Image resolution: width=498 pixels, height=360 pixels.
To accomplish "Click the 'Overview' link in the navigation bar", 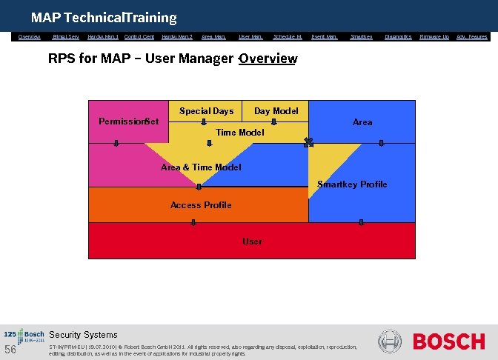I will tap(30, 36).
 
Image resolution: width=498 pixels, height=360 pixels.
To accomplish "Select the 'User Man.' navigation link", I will tap(250, 36).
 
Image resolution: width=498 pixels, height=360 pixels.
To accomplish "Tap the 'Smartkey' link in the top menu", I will tap(362, 36).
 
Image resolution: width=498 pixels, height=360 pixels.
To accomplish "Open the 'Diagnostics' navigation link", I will tap(398, 36).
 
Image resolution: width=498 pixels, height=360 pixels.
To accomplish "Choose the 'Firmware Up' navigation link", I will tap(434, 36).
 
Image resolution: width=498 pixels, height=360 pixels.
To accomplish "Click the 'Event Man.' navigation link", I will tap(325, 36).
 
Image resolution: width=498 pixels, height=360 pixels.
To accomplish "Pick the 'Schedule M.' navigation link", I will tap(288, 36).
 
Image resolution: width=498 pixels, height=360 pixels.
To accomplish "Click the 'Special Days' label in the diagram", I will tap(206, 111).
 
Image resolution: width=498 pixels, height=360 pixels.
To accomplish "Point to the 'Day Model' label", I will tap(276, 111).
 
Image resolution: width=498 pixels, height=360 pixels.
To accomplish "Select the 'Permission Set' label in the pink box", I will tap(129, 121).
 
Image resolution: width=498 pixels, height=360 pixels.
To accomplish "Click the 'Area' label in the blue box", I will tap(362, 122).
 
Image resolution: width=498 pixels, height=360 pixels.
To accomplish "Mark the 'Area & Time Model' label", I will tap(201, 167).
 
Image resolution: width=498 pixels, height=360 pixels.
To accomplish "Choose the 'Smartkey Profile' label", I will tap(352, 184).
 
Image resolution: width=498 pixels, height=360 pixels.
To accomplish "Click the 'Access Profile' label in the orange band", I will tap(201, 205).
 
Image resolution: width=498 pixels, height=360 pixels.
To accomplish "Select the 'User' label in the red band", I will tap(252, 241).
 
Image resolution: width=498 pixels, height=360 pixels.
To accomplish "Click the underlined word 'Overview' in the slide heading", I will tap(269, 59).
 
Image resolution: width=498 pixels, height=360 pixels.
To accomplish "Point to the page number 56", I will tap(10, 350).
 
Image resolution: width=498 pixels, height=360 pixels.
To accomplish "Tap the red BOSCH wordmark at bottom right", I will tap(448, 342).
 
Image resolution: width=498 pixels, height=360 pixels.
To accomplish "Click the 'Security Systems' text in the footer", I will tap(83, 335).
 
